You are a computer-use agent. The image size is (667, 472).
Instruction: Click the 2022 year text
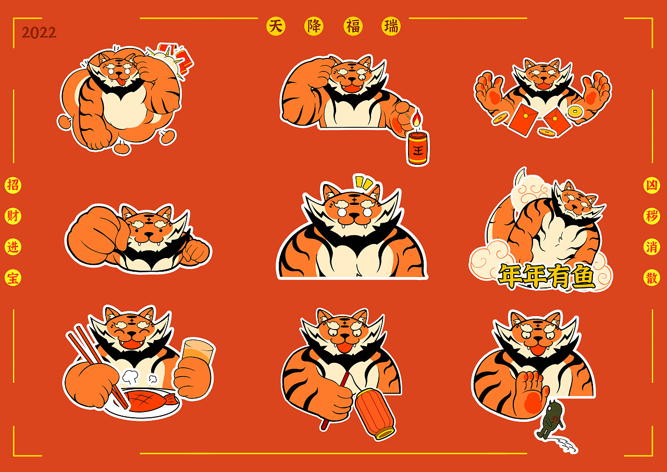(x=39, y=33)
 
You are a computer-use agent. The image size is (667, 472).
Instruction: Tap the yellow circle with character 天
(x=276, y=26)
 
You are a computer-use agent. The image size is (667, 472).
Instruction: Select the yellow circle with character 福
(x=353, y=26)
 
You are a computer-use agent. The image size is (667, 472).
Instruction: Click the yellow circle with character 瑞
(x=391, y=26)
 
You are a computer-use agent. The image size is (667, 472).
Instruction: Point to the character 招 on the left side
(x=13, y=185)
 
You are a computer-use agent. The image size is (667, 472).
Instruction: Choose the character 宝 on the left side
(x=13, y=277)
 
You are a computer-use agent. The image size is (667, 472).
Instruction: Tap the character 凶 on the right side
(x=651, y=185)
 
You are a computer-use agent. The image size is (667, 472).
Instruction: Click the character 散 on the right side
(x=651, y=277)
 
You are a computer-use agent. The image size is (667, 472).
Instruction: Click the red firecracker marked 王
(x=418, y=148)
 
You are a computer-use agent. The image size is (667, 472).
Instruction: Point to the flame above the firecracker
(x=416, y=118)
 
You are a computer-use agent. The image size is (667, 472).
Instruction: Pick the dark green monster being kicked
(x=551, y=419)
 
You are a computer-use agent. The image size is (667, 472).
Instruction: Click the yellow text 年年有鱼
(x=547, y=276)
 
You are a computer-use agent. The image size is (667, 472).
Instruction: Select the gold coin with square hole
(x=574, y=112)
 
